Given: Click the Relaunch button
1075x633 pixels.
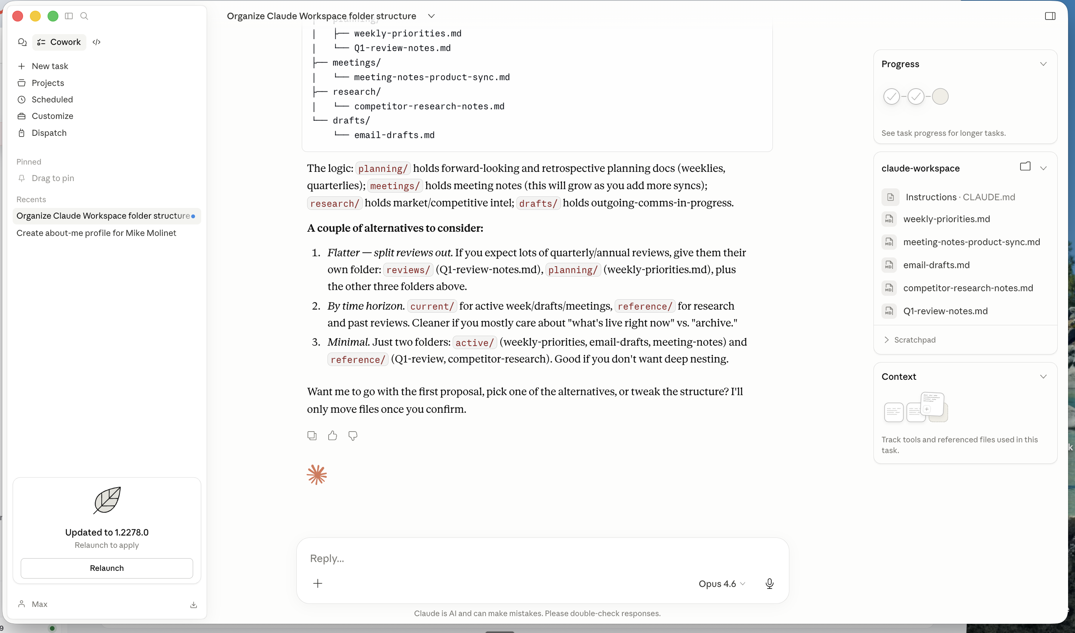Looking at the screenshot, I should [x=107, y=568].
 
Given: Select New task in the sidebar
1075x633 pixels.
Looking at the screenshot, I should [x=50, y=66].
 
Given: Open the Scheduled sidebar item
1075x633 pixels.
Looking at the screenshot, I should [x=52, y=99].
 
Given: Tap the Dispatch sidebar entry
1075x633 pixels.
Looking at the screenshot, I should [x=49, y=133].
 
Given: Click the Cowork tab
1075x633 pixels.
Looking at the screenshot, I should [x=60, y=42].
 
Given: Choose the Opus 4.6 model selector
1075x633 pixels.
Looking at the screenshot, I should [x=722, y=584].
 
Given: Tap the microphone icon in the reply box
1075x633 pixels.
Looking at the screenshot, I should [x=769, y=584].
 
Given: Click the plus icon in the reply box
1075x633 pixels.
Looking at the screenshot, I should [x=318, y=584].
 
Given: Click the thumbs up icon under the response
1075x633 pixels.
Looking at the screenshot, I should [x=332, y=435].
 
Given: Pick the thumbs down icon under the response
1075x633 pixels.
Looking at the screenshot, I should [x=353, y=435].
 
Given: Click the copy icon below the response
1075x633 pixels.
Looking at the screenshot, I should [x=312, y=435].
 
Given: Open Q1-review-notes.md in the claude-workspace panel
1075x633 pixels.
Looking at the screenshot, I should [x=945, y=311].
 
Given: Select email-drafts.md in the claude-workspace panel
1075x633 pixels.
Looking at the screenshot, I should [x=936, y=265].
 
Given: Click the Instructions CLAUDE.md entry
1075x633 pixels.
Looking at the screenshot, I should [x=960, y=197].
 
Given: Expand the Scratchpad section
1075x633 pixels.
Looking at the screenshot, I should [x=914, y=340].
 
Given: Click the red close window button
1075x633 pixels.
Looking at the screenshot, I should [x=18, y=16].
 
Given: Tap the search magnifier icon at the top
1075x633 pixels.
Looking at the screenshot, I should [x=84, y=16].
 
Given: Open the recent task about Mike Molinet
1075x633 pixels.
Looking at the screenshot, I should [x=96, y=233].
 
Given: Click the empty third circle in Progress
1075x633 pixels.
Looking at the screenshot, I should [x=940, y=96].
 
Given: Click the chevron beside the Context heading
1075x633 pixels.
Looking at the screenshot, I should [x=1043, y=377].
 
